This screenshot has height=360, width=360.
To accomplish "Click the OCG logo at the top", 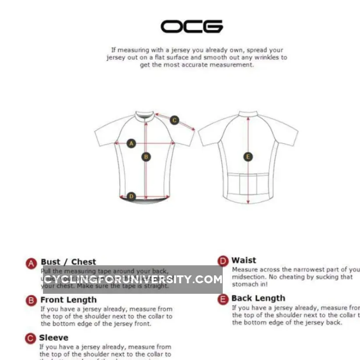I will pos(192,26).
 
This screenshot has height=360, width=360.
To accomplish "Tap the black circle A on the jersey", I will pos(131,143).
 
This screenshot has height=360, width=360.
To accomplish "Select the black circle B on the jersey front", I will pos(146,157).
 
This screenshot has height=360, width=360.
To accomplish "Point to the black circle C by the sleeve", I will pos(174,120).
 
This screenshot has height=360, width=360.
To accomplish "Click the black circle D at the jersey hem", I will pos(131,196).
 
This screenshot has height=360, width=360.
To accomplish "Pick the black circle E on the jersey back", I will pos(248,157).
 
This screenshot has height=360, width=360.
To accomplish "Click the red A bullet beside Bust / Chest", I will pos(31,263).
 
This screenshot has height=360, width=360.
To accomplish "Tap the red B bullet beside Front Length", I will pos(31,300).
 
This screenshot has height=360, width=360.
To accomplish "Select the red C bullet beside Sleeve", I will pos(30,338).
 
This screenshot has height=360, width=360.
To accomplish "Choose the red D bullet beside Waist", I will pos(223,261).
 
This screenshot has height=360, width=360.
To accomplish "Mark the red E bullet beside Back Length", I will pos(224,299).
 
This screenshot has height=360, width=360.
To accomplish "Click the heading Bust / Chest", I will pos(68,262).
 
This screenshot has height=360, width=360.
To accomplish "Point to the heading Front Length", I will pos(68,300).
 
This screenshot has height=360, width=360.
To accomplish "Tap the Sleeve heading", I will pos(53,338).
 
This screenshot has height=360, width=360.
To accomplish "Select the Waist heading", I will pos(244,260).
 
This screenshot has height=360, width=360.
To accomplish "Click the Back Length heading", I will pos(258,299).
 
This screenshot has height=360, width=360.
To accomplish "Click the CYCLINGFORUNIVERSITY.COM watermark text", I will pos(132,279).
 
